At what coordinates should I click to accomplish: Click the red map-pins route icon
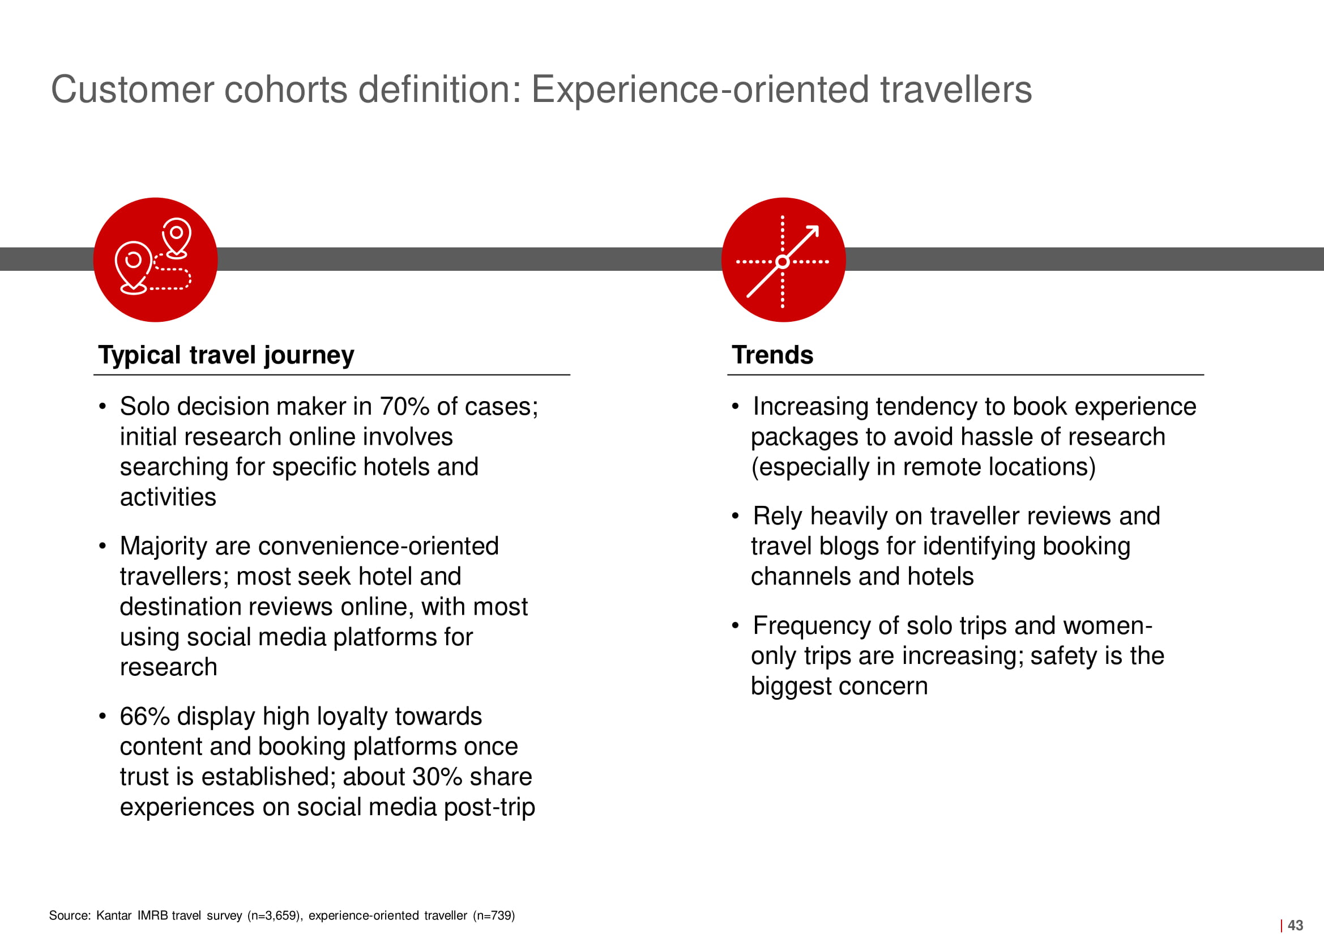pyautogui.click(x=155, y=259)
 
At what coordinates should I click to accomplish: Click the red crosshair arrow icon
pyautogui.click(x=783, y=259)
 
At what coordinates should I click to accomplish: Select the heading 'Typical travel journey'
pyautogui.click(x=226, y=355)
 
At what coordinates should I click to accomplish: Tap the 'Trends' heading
pyautogui.click(x=772, y=355)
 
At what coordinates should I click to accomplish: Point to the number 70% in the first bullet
pyautogui.click(x=404, y=406)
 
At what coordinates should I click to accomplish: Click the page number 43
pyautogui.click(x=1295, y=925)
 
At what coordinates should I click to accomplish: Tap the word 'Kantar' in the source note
pyautogui.click(x=114, y=915)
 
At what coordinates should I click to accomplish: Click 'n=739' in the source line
pyautogui.click(x=494, y=915)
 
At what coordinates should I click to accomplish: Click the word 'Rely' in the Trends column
pyautogui.click(x=778, y=517)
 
